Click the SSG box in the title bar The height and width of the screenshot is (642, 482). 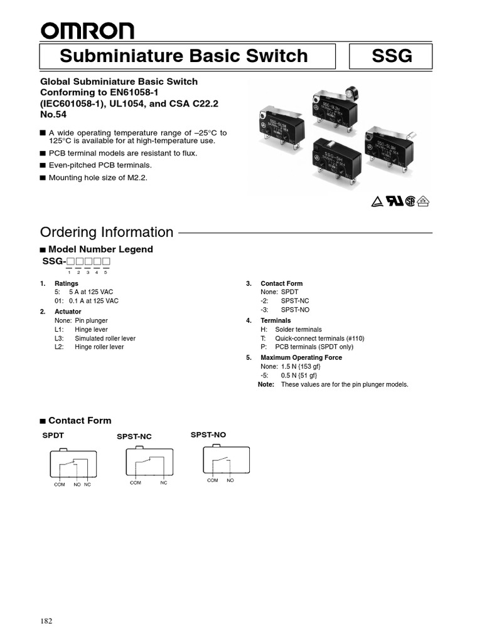click(392, 56)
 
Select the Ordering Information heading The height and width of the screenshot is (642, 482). click(107, 232)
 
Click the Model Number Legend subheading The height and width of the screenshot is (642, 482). click(100, 249)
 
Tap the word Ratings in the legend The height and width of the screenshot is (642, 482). click(67, 284)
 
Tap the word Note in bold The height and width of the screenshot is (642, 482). click(266, 384)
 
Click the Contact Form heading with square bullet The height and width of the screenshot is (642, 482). click(79, 421)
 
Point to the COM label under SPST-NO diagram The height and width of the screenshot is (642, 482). click(213, 480)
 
